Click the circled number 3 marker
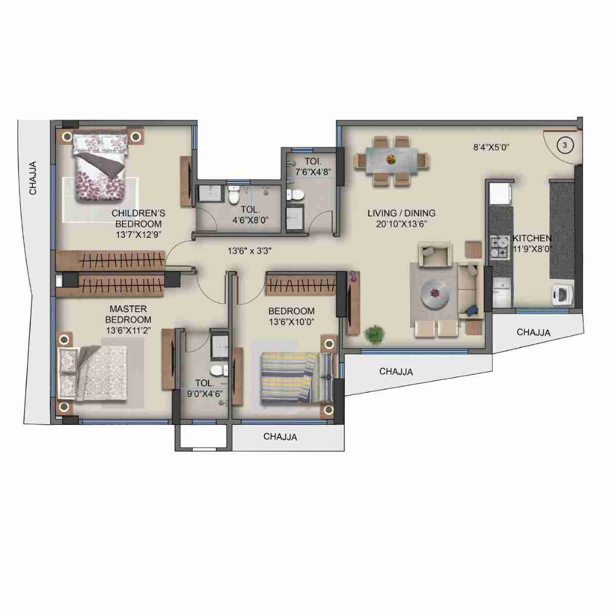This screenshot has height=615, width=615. pos(565,145)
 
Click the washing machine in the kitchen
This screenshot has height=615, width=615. pos(563,296)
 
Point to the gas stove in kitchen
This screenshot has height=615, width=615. pos(498,246)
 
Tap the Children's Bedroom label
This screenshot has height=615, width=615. pos(138,218)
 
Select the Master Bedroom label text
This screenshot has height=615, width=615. pos(128,314)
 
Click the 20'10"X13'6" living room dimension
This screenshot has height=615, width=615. pos(398,223)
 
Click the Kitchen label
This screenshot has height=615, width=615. pos(532,238)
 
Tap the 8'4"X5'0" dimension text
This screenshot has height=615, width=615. pos(491,148)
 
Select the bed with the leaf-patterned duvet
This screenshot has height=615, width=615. pos(100,167)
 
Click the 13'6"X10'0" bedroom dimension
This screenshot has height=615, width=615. pos(291,322)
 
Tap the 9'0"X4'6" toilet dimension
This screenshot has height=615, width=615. pos(204,394)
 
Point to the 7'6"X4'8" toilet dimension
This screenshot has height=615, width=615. pos(313,171)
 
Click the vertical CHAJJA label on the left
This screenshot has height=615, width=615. pos(33,178)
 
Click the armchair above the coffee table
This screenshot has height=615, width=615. pos(435,254)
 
